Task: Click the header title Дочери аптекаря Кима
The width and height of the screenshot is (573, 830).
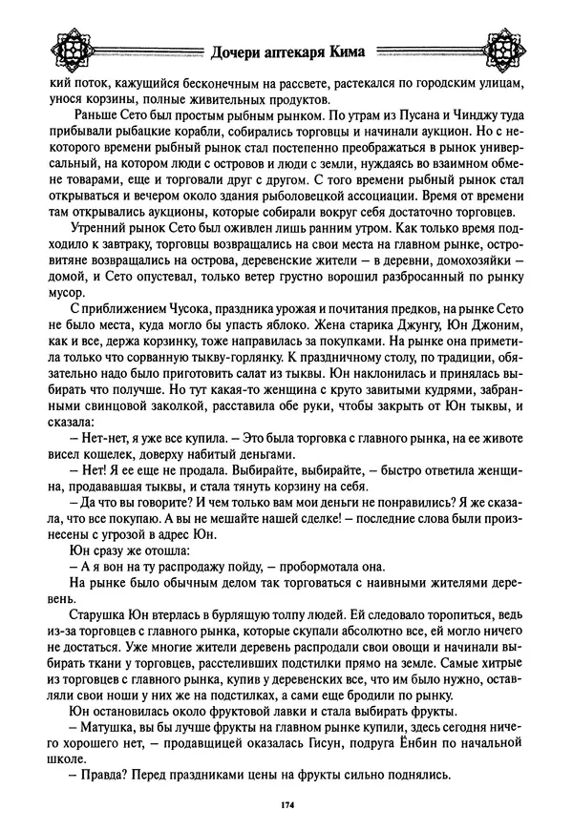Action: pyautogui.click(x=286, y=56)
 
